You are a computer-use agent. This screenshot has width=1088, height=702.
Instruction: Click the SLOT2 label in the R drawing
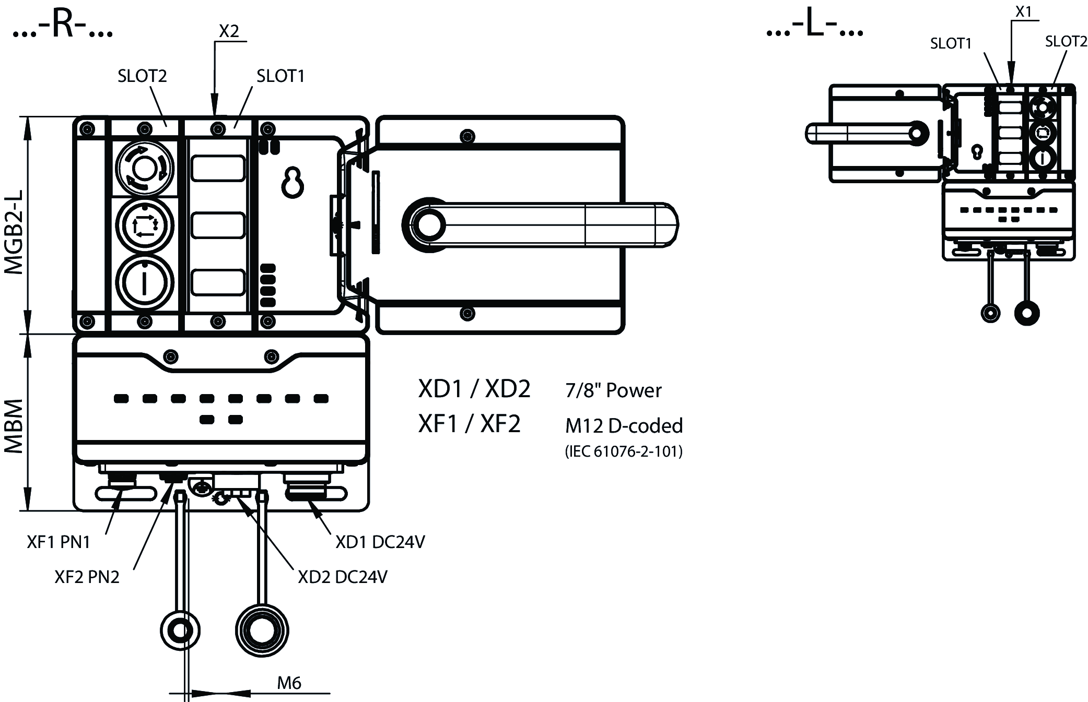[142, 76]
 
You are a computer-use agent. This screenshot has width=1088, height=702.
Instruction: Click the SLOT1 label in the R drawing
[280, 76]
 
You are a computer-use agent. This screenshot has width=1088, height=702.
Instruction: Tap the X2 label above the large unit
[229, 31]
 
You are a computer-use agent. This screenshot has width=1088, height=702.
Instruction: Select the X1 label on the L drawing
[1023, 11]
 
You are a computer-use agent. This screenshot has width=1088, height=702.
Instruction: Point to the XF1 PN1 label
[59, 542]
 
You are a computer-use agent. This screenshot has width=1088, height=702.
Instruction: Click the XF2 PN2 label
[87, 577]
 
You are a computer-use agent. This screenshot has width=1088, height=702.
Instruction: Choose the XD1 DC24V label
[380, 542]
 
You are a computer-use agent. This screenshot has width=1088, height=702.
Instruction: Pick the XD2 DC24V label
[342, 577]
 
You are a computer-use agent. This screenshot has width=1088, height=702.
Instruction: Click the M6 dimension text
[289, 683]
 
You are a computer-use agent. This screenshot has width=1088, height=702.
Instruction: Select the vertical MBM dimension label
[15, 426]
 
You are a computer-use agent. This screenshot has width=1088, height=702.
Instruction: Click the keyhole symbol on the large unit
[293, 183]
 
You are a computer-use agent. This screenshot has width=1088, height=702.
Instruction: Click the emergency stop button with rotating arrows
[144, 168]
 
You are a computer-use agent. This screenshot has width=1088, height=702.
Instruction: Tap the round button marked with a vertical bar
[144, 282]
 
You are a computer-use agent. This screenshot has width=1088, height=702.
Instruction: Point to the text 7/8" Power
[613, 390]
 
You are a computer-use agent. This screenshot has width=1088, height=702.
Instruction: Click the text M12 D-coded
[624, 426]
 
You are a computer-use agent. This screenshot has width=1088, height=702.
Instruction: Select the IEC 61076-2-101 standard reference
[624, 451]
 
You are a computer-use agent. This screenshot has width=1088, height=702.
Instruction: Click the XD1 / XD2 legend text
[474, 389]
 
